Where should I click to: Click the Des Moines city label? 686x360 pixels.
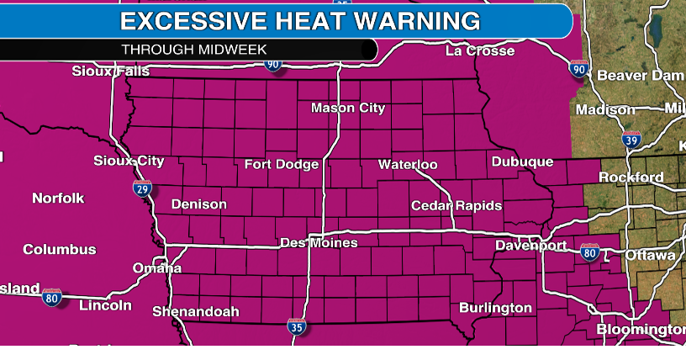(319, 243)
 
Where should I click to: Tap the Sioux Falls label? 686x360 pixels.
(110, 71)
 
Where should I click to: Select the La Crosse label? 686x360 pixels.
(479, 51)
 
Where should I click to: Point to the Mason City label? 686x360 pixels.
(348, 108)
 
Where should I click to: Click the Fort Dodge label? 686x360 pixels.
(282, 164)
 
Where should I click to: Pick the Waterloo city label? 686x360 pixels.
(408, 164)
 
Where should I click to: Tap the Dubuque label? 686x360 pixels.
(522, 161)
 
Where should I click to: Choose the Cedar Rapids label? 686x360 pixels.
(456, 205)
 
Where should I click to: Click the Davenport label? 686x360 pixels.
(530, 246)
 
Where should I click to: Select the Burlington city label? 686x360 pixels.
(496, 308)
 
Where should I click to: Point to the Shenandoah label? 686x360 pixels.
(196, 311)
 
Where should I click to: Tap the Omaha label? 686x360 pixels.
(157, 268)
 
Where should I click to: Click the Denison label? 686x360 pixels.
(198, 204)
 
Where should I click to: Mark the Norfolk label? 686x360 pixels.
(58, 199)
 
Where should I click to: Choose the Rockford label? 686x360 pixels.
(631, 177)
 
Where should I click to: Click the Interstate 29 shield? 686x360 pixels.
(144, 188)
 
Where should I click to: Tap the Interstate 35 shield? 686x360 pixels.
(296, 326)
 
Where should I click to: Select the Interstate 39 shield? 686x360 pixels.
(631, 140)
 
